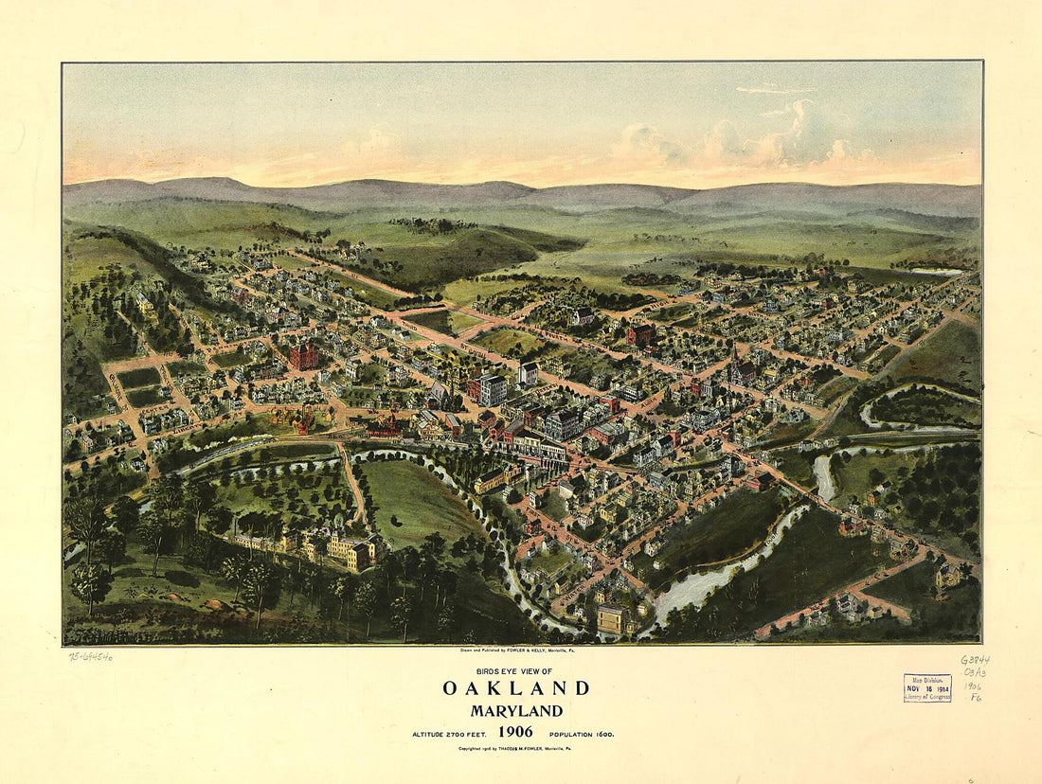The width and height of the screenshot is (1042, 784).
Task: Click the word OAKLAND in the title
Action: click(516, 688)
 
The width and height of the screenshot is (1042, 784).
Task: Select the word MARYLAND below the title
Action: click(516, 711)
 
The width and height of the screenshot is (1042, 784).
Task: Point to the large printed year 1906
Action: click(516, 732)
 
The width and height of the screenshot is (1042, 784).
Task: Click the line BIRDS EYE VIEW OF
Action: click(516, 669)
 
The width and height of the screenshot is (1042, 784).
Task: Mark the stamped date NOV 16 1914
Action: click(927, 688)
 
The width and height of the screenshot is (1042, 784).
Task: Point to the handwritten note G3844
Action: click(975, 660)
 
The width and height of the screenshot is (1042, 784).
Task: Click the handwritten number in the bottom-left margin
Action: click(91, 656)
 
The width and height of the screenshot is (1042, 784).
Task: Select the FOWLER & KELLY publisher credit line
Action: click(516, 651)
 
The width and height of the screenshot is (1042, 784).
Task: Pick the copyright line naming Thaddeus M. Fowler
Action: click(516, 748)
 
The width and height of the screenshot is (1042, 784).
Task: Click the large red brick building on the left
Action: click(304, 355)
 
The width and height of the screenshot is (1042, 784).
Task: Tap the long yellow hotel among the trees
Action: click(313, 547)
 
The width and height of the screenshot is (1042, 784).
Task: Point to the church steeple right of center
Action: click(735, 360)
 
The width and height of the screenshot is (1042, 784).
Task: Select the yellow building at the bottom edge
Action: click(611, 619)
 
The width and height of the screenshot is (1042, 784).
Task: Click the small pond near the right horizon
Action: click(938, 272)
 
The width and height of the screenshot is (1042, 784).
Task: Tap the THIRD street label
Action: click(409, 325)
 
